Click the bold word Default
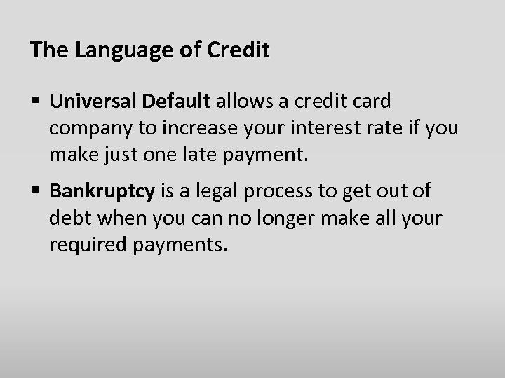tap(175, 102)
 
